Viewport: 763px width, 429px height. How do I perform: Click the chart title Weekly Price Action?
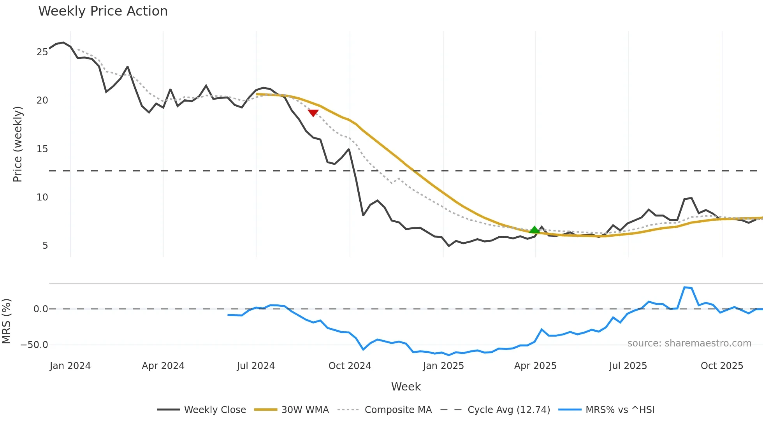click(103, 11)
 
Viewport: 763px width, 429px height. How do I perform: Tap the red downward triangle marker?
click(313, 113)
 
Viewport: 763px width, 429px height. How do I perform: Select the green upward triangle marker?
click(534, 230)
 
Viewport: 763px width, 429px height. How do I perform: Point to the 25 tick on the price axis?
click(42, 52)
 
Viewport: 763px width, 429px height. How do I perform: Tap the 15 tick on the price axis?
click(42, 149)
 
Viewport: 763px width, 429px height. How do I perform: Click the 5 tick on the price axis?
click(45, 246)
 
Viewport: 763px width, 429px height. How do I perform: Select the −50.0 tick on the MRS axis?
click(34, 345)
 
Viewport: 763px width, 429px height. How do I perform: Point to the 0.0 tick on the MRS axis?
click(40, 309)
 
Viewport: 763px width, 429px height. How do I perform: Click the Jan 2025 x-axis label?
click(443, 366)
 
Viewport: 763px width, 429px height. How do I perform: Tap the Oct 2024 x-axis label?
click(350, 366)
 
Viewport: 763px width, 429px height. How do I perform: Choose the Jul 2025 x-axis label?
click(628, 366)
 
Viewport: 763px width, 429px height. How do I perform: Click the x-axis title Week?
click(406, 387)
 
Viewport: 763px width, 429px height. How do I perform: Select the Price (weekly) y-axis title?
click(18, 144)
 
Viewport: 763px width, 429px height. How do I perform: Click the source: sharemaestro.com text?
click(689, 343)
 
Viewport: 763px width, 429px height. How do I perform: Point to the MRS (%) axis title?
click(6, 321)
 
